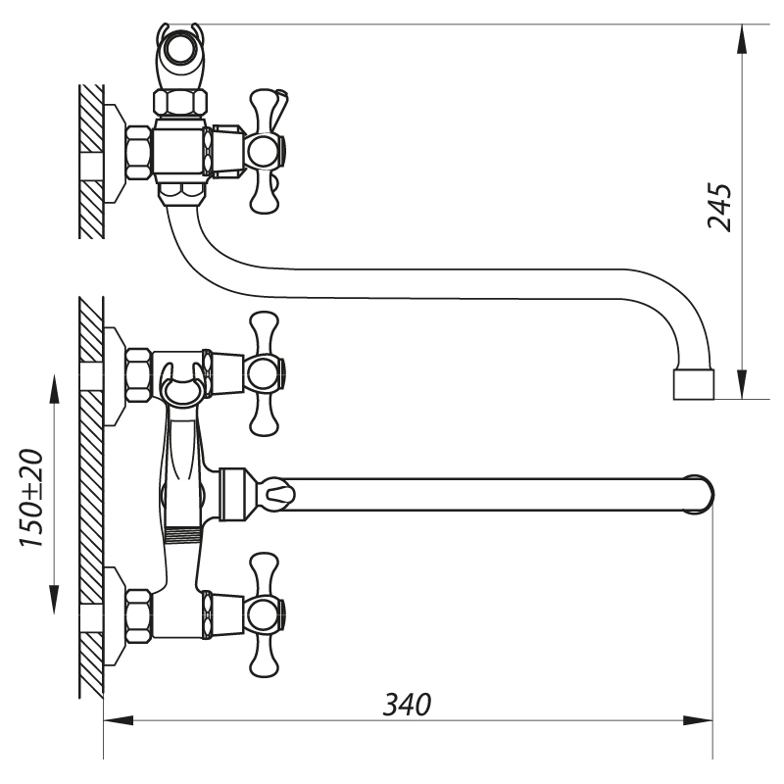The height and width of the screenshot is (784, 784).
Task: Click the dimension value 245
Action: click(x=720, y=206)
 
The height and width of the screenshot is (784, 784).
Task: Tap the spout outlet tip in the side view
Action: click(x=695, y=385)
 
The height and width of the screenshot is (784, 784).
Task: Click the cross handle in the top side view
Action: click(x=265, y=151)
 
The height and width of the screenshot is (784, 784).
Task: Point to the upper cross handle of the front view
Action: click(x=265, y=373)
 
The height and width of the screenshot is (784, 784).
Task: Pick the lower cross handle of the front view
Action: click(x=265, y=614)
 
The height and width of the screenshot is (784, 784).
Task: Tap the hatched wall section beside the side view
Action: click(x=91, y=162)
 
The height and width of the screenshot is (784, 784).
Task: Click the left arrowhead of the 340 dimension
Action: click(x=118, y=721)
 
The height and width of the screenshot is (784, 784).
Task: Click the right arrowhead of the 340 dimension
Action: click(x=700, y=721)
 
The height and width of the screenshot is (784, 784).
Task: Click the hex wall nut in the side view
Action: click(x=138, y=151)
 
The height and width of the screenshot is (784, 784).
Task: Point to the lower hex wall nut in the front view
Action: click(x=138, y=614)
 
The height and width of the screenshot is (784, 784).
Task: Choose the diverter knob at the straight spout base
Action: click(x=277, y=491)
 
